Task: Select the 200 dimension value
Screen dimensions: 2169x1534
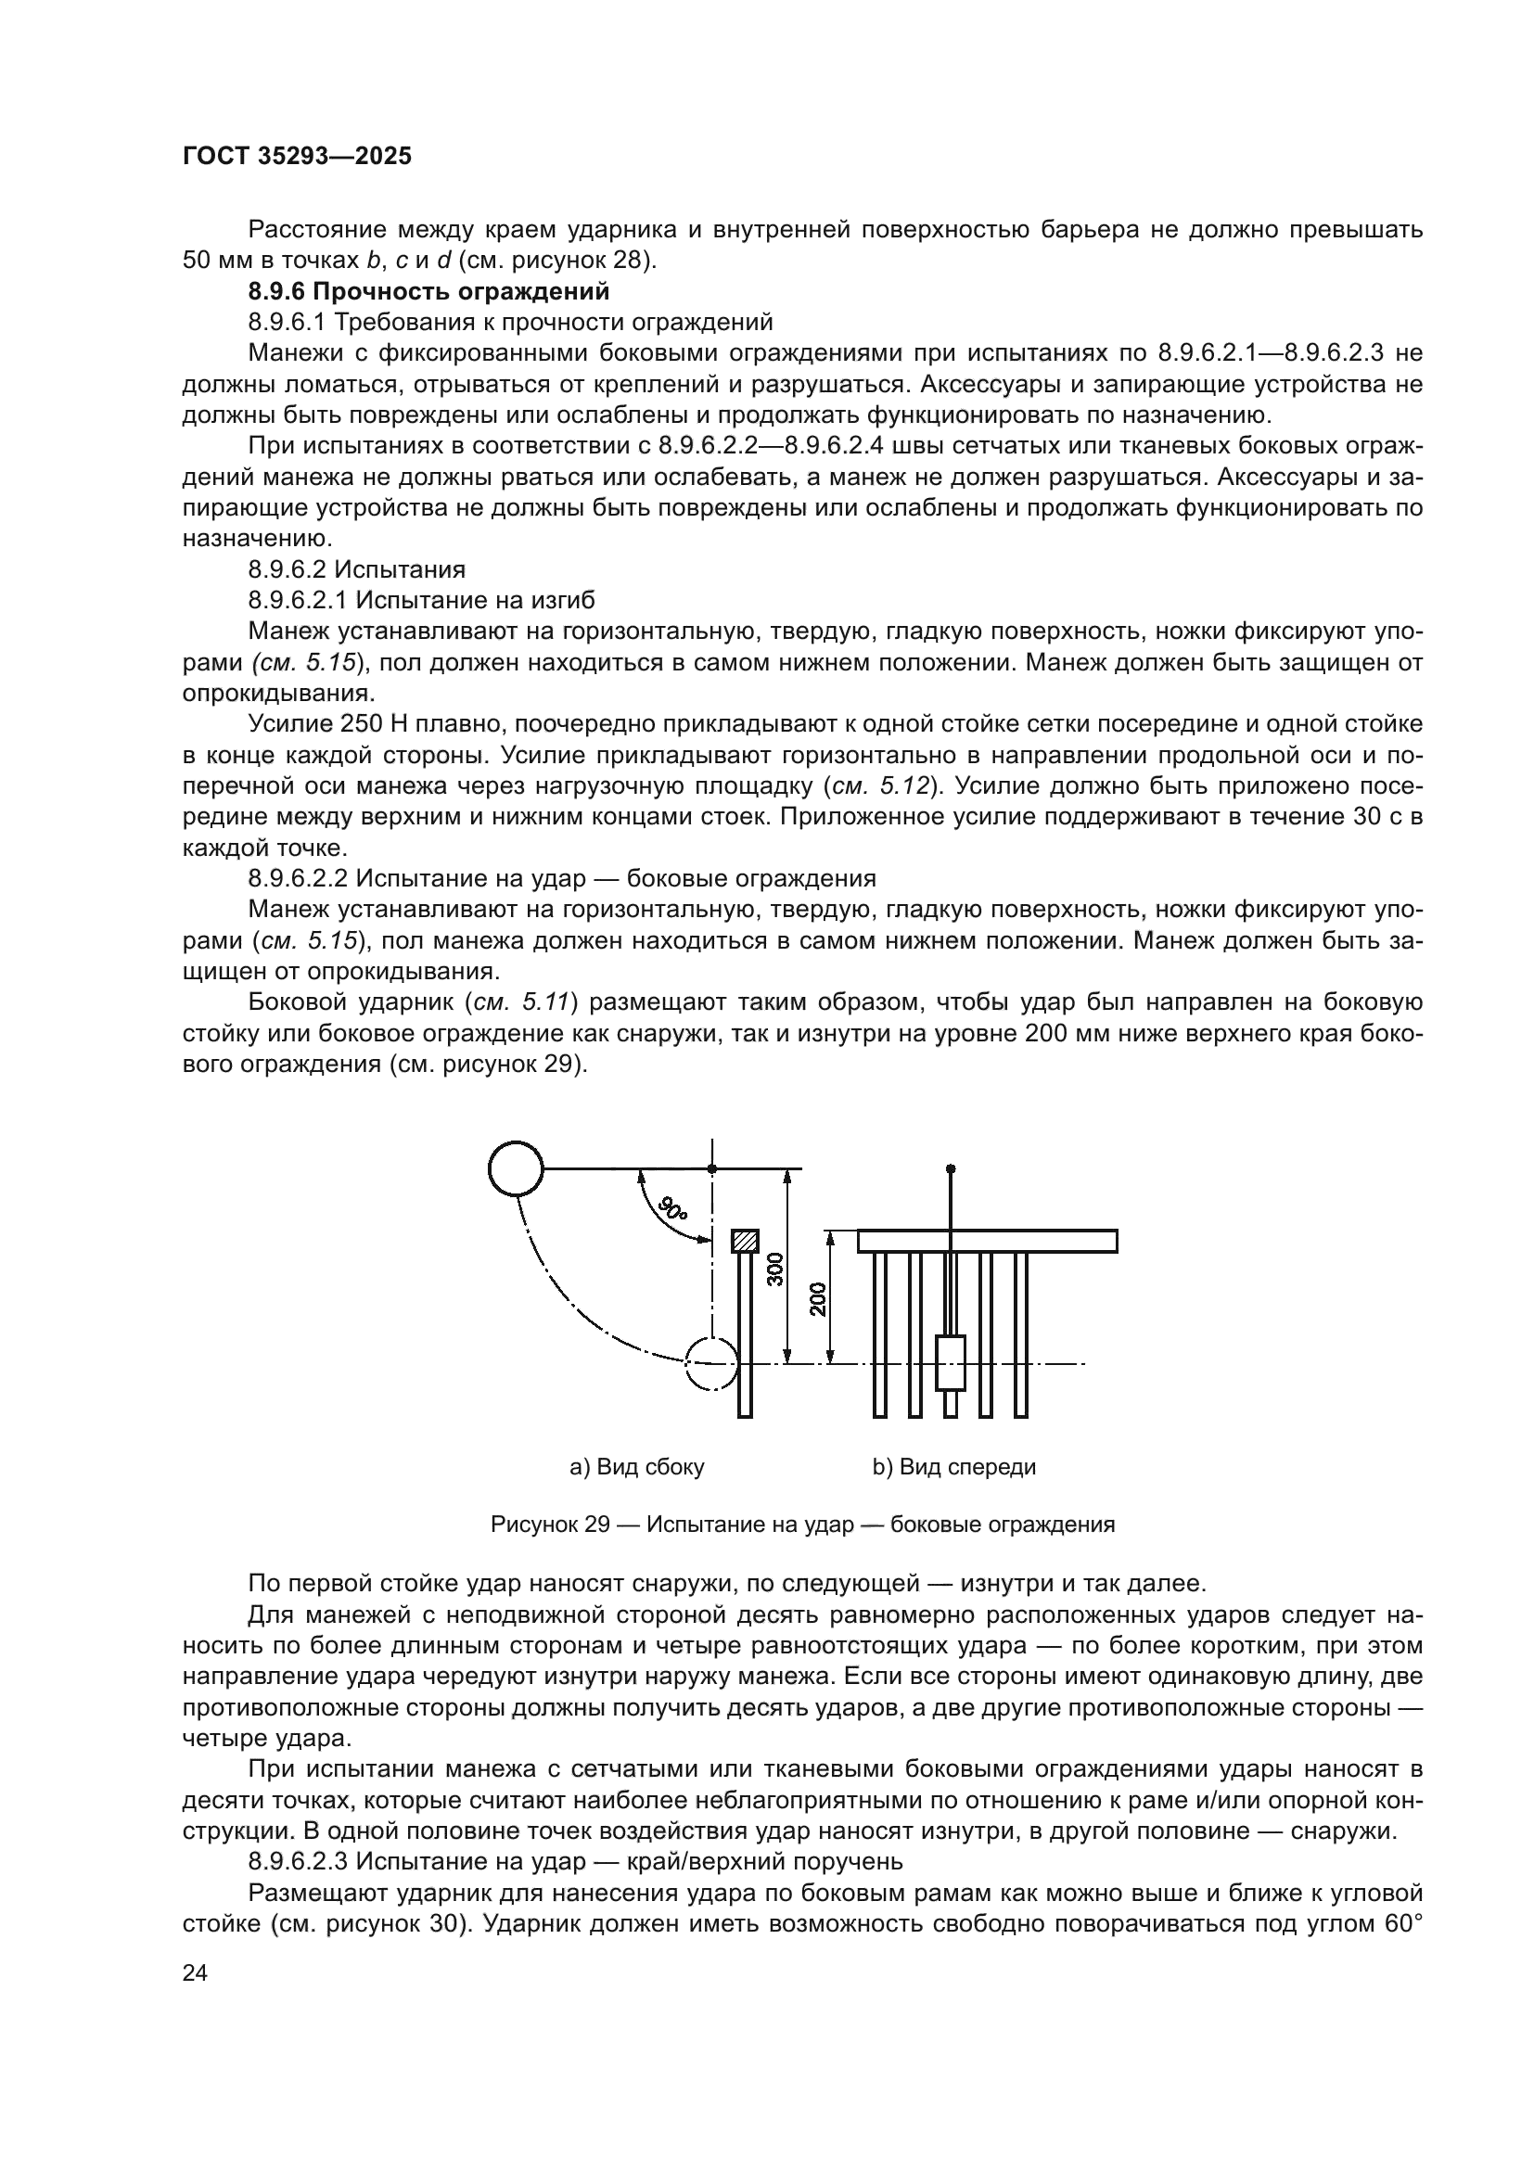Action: [x=818, y=1299]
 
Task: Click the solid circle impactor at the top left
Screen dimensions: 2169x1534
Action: [x=516, y=1169]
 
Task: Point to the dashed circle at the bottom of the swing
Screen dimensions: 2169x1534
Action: [x=710, y=1364]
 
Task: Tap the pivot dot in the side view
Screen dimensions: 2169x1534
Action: [x=712, y=1169]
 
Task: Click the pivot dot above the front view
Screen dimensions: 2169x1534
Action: [x=951, y=1168]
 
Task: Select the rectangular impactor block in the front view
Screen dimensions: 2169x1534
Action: [x=951, y=1363]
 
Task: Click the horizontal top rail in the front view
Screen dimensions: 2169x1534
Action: [x=987, y=1242]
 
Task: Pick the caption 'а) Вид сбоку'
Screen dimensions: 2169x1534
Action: [x=636, y=1467]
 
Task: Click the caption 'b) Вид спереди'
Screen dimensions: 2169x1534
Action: [x=954, y=1467]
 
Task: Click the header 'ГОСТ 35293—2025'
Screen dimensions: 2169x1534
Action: [x=297, y=156]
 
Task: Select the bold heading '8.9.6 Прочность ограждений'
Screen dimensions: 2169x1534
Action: [x=428, y=291]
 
